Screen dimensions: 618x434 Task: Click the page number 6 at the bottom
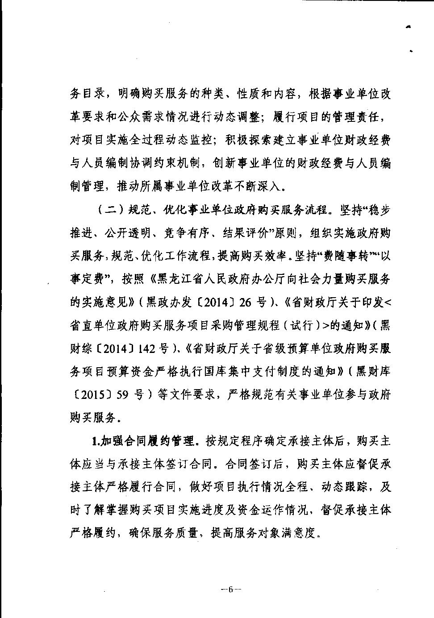pos(231,589)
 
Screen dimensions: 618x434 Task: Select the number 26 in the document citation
pos(246,303)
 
